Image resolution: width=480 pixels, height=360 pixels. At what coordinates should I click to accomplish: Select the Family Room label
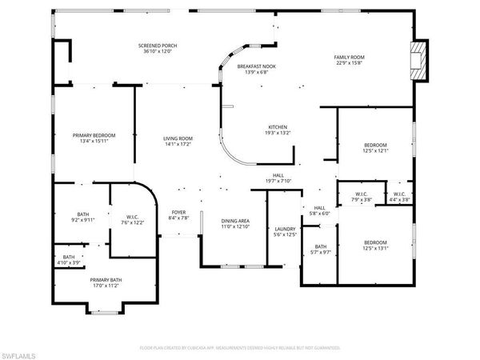tap(350, 58)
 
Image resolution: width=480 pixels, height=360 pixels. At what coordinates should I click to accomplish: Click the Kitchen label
tap(278, 127)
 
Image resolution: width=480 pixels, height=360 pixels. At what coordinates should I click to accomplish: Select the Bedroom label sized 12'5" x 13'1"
tap(375, 242)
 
